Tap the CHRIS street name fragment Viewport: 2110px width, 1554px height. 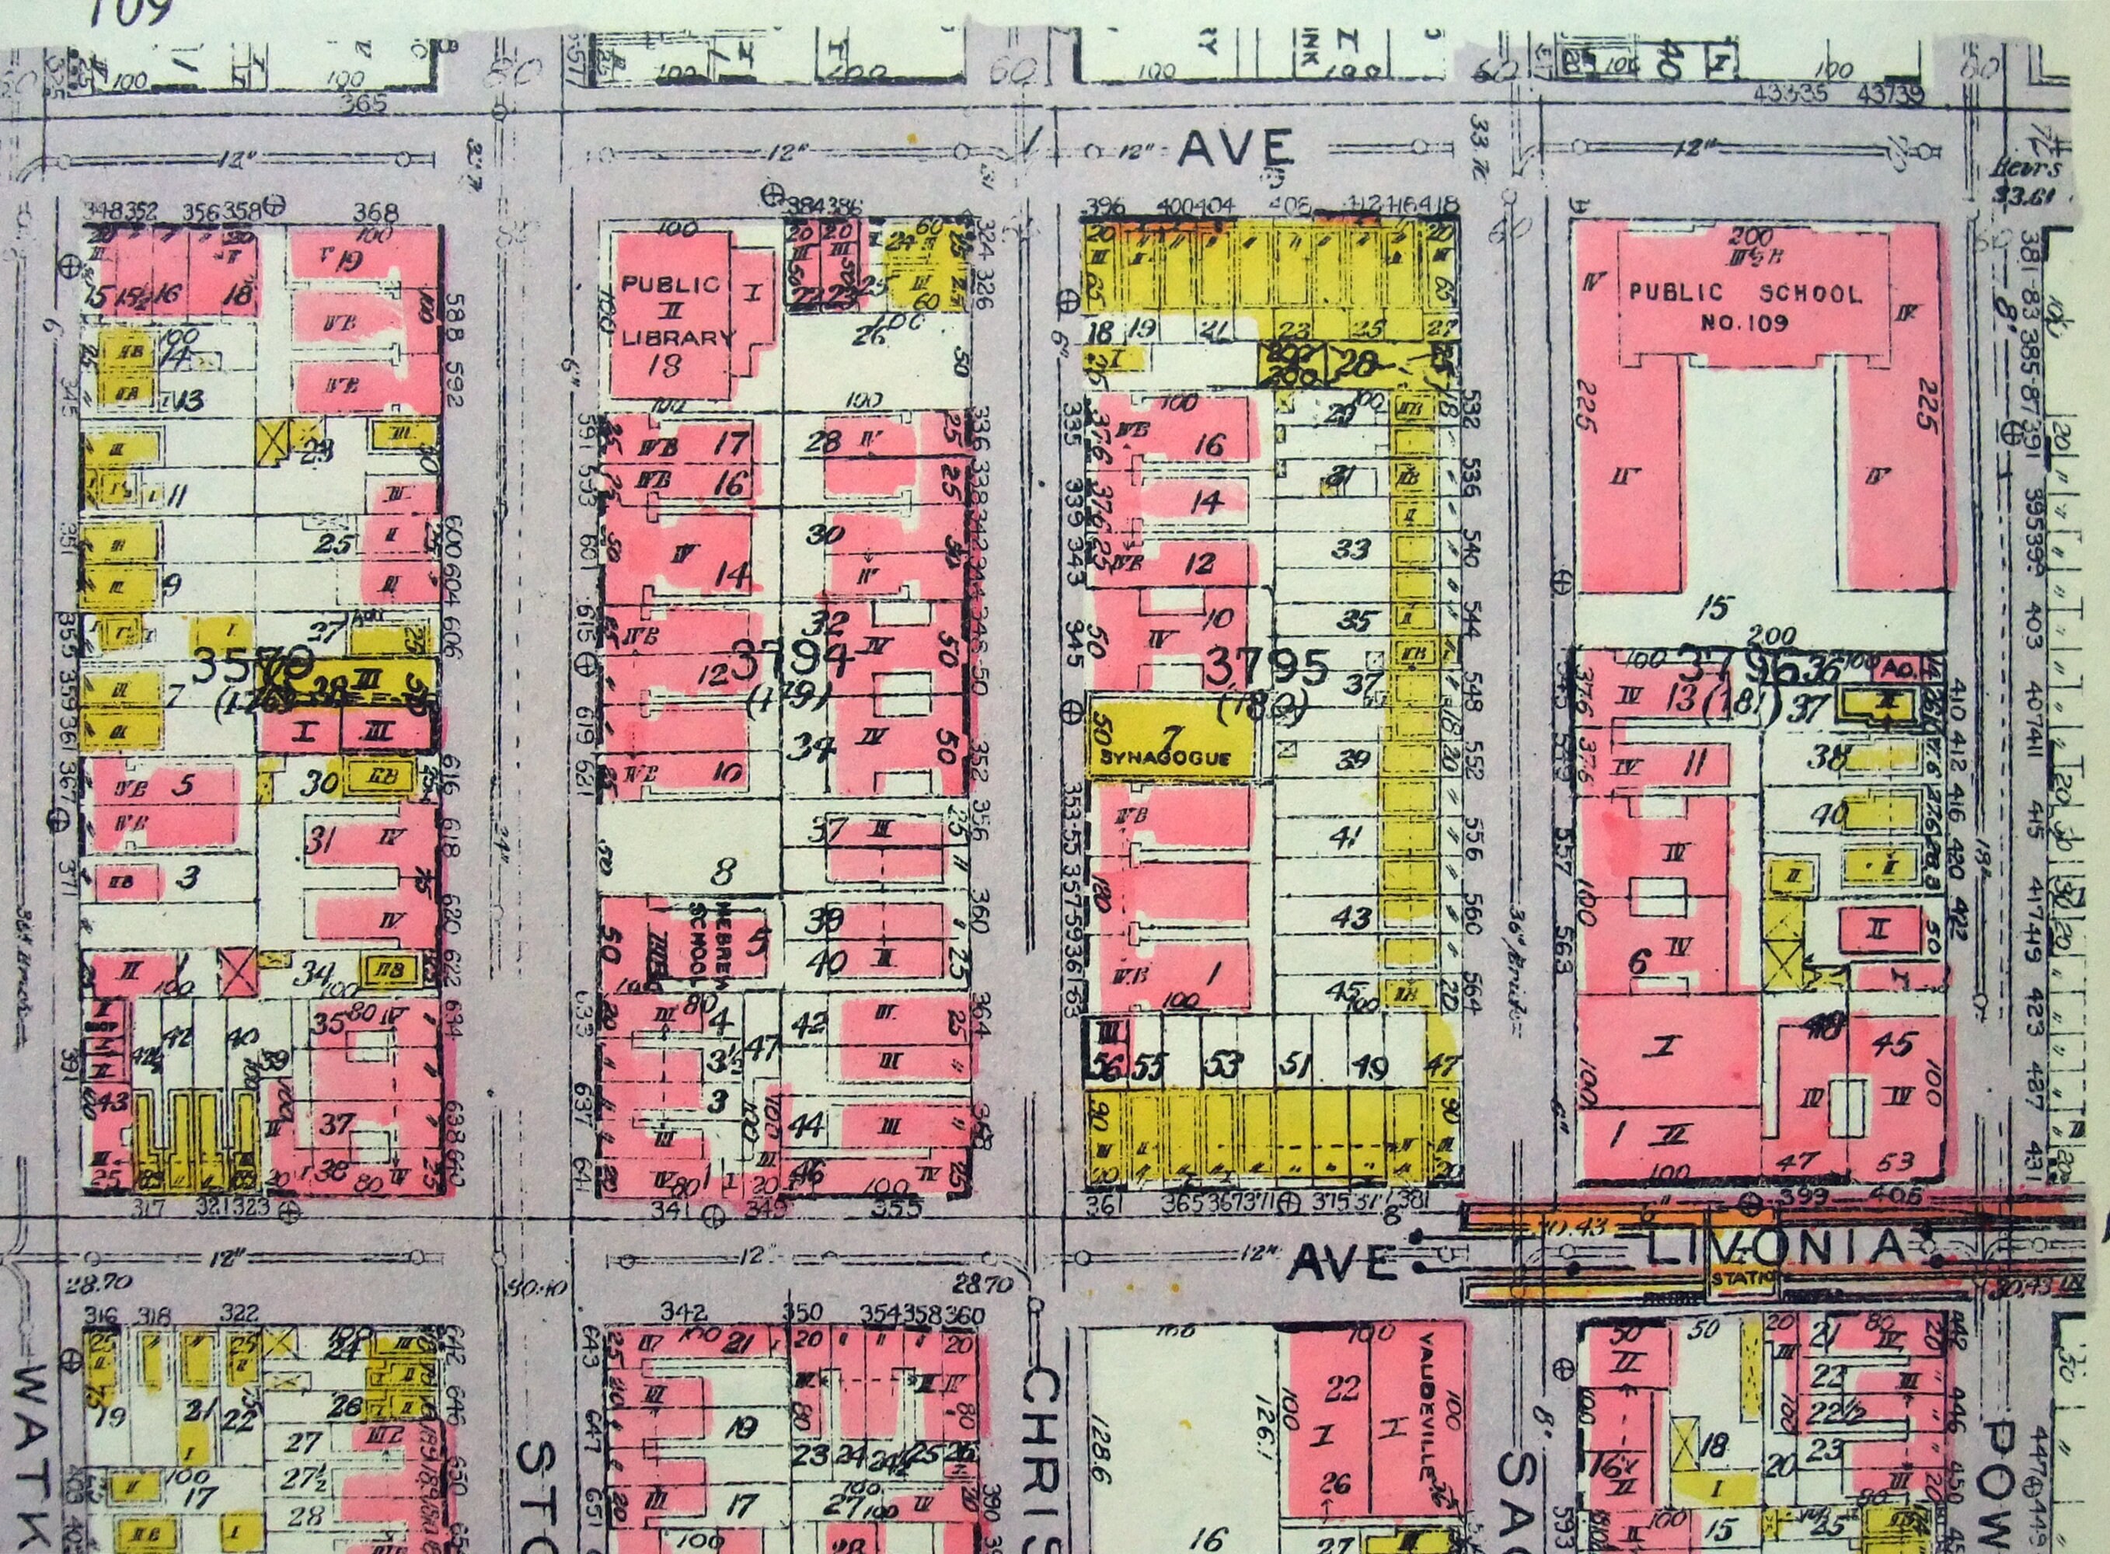click(1043, 1458)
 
